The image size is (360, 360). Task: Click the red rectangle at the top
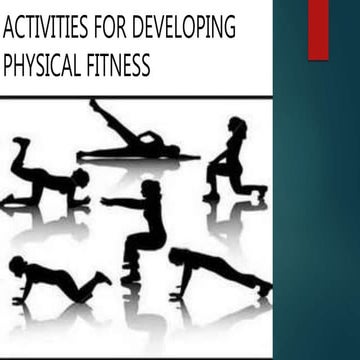click(318, 28)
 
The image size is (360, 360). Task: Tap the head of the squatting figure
click(151, 189)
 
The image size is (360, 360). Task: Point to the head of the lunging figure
click(237, 126)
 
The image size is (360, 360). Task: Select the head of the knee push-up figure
click(17, 266)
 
